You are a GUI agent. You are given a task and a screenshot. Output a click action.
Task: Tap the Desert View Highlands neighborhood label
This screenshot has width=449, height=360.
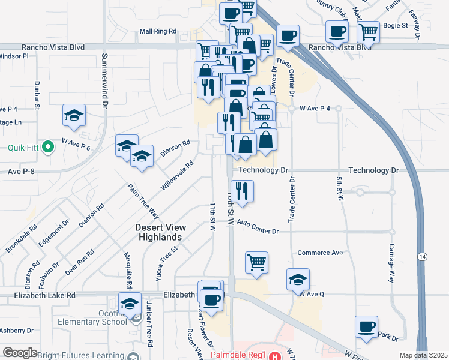click(x=160, y=232)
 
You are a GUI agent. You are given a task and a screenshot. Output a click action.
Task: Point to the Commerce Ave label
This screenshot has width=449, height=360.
click(x=320, y=253)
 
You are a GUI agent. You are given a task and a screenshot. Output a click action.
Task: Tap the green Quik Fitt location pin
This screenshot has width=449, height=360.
click(x=47, y=148)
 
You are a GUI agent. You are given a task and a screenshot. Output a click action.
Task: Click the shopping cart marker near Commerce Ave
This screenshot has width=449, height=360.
click(x=256, y=262)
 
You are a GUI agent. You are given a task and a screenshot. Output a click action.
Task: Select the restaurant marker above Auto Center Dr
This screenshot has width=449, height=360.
click(x=242, y=191)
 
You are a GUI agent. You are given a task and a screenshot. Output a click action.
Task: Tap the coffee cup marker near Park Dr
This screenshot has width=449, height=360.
click(x=366, y=327)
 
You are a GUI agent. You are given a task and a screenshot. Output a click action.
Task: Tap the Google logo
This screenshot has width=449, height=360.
click(x=20, y=353)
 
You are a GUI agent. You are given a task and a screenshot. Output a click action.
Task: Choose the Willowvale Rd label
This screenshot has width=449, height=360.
click(x=177, y=175)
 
